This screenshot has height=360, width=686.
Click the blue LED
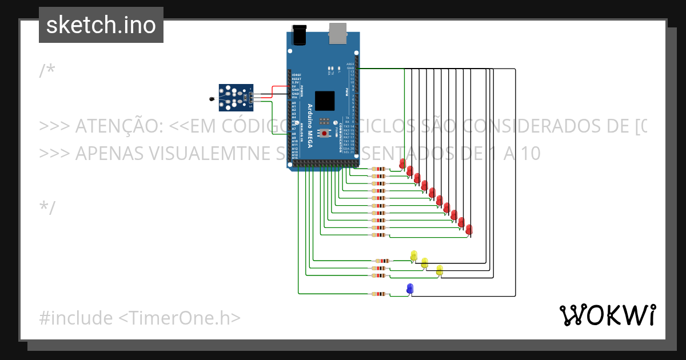pyautogui.click(x=409, y=289)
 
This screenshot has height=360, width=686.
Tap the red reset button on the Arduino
pyautogui.click(x=325, y=133)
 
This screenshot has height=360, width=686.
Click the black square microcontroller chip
pyautogui.click(x=325, y=101)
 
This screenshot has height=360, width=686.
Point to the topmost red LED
pyautogui.click(x=402, y=164)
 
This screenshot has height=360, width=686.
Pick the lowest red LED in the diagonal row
pyautogui.click(x=469, y=230)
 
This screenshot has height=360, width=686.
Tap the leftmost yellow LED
pyautogui.click(x=414, y=255)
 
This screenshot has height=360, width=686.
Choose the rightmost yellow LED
pyautogui.click(x=439, y=270)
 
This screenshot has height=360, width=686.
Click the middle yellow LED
pyautogui.click(x=424, y=262)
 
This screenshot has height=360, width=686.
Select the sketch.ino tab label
pyautogui.click(x=101, y=25)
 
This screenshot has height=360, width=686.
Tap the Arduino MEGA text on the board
pyautogui.click(x=310, y=126)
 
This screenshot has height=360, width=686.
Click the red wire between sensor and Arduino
pyautogui.click(x=278, y=87)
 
